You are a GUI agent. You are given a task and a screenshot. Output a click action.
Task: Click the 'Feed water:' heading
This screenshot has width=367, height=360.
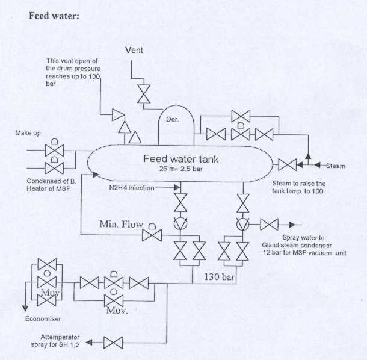tap(54, 16)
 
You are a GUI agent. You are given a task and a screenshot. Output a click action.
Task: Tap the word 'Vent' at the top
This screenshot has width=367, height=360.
tap(134, 50)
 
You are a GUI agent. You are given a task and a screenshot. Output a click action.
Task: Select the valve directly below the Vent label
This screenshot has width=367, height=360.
tap(144, 94)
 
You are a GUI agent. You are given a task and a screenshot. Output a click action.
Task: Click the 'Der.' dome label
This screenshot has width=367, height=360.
tap(172, 119)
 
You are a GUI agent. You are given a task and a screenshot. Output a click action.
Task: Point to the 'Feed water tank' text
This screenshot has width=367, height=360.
tap(181, 159)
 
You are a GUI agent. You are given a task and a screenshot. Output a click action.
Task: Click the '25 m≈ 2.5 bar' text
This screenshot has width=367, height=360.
tap(180, 169)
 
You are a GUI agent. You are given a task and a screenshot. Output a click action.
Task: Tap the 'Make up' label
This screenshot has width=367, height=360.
tap(28, 133)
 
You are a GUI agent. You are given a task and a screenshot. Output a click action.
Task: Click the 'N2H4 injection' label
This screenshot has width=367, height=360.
tap(132, 188)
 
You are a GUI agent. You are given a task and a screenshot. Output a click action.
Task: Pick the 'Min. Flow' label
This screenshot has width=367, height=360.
tap(122, 224)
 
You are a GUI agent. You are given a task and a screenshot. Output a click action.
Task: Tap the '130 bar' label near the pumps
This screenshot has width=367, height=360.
tap(220, 276)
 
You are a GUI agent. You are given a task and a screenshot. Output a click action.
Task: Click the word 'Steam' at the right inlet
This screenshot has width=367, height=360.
tap(336, 166)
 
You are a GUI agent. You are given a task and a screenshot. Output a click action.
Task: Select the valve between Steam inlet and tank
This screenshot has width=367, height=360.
tap(288, 165)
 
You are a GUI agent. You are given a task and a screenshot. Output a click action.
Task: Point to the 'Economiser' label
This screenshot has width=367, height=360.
tap(43, 319)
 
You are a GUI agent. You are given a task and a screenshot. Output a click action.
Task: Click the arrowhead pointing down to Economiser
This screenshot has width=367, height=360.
tap(25, 308)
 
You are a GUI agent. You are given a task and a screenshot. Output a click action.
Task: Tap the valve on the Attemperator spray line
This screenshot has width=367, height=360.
tap(113, 343)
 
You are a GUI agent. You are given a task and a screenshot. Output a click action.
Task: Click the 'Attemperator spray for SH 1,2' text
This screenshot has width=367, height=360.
tap(55, 341)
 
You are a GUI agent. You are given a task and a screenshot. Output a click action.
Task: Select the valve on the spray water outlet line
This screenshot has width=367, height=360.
tap(270, 225)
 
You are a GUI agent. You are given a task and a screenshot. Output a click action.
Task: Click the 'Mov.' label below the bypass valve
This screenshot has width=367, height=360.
tap(117, 311)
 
